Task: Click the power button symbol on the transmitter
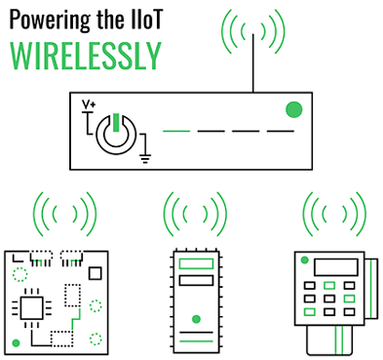point(115,133)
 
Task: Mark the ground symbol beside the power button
point(147,148)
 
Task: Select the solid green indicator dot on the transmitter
point(291,109)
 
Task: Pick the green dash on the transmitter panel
point(176,130)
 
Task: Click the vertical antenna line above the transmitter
point(255,63)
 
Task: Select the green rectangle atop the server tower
point(195,264)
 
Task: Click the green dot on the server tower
point(196,319)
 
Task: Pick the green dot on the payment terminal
point(304,260)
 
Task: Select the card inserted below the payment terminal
point(329,338)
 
